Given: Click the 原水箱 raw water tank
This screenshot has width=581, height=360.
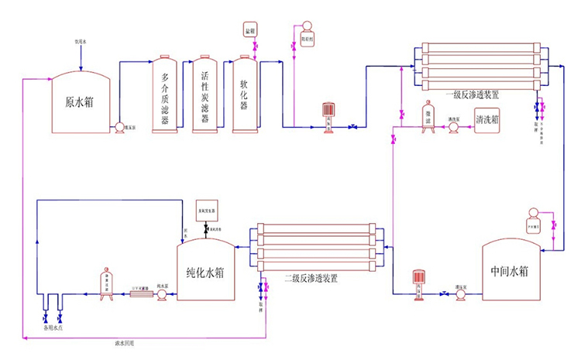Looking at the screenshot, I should pyautogui.click(x=80, y=104).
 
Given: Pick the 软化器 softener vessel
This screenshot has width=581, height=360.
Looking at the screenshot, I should pyautogui.click(x=245, y=95).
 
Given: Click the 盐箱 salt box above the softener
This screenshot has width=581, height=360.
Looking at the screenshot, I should pyautogui.click(x=249, y=30).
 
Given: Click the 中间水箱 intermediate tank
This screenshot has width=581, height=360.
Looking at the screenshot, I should pyautogui.click(x=510, y=271).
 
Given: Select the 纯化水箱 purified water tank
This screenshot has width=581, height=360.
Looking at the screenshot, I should pyautogui.click(x=206, y=273).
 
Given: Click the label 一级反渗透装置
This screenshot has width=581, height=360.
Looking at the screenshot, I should pyautogui.click(x=472, y=94).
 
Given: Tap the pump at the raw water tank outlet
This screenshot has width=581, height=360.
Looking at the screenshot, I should pyautogui.click(x=120, y=128).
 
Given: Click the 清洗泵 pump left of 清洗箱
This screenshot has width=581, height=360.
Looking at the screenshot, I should pyautogui.click(x=454, y=128).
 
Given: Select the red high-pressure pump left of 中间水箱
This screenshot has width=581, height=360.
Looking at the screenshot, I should pyautogui.click(x=419, y=279).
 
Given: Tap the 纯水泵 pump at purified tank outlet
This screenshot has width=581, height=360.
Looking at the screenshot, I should pyautogui.click(x=162, y=295).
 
